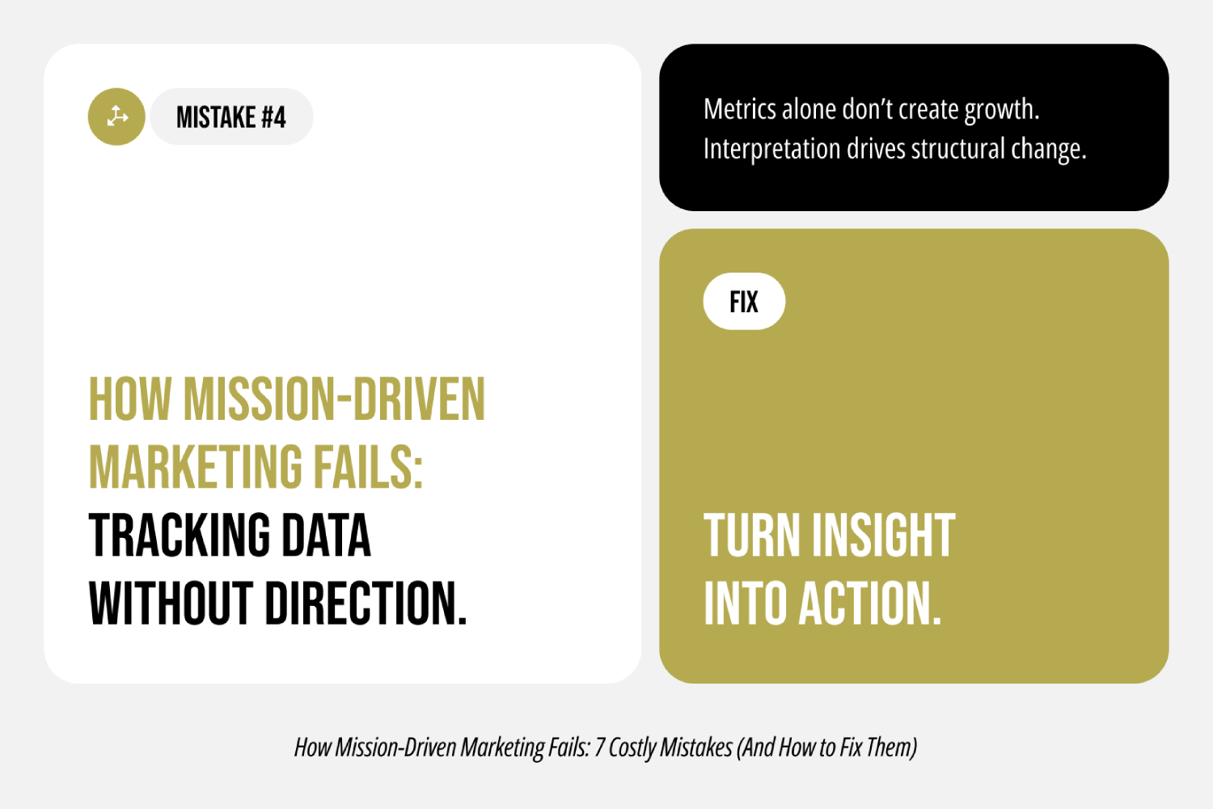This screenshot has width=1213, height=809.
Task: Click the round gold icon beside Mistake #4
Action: (116, 116)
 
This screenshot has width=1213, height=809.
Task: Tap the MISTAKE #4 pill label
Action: (231, 117)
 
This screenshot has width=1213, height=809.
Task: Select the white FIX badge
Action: (744, 302)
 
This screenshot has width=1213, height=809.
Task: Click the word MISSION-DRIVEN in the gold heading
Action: (334, 400)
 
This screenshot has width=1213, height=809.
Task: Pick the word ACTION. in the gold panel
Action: (869, 604)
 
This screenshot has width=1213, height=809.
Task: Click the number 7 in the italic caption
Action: (599, 747)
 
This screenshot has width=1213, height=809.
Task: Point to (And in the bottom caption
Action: (756, 748)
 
